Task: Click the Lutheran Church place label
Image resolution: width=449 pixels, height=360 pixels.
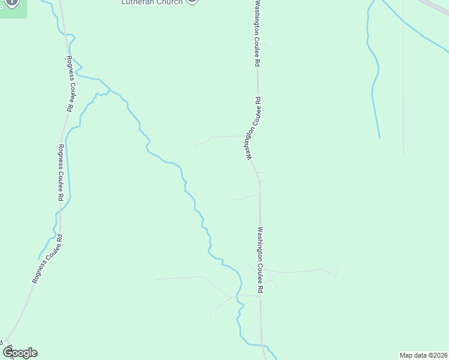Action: click(152, 2)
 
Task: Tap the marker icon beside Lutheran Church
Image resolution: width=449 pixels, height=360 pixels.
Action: click(192, 2)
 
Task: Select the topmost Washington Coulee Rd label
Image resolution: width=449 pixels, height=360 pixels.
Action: click(257, 33)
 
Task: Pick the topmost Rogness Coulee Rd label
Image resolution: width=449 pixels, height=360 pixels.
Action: click(70, 84)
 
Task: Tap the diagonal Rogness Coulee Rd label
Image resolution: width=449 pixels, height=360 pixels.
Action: click(47, 259)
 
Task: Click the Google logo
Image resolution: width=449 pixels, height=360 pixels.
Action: click(20, 353)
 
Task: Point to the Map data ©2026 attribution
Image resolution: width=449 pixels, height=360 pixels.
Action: click(424, 355)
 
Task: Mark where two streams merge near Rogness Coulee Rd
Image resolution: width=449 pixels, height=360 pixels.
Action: click(109, 90)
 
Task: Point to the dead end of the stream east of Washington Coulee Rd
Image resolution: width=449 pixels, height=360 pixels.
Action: click(379, 137)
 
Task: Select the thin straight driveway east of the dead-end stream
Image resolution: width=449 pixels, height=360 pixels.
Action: click(403, 126)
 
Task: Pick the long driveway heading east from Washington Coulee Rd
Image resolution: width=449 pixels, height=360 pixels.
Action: click(300, 271)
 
